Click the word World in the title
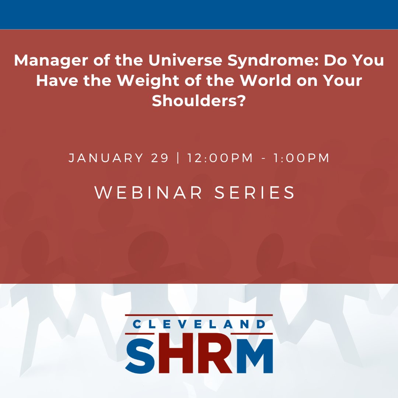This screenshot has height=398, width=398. click(x=269, y=81)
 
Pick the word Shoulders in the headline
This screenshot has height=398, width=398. click(x=199, y=101)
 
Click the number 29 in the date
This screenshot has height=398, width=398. click(x=160, y=158)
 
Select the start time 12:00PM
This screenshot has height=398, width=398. click(x=220, y=158)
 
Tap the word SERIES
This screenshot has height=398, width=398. click(x=255, y=193)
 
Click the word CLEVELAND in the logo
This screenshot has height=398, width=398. click(x=199, y=325)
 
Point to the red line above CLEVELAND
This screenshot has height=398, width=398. click(x=199, y=315)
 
